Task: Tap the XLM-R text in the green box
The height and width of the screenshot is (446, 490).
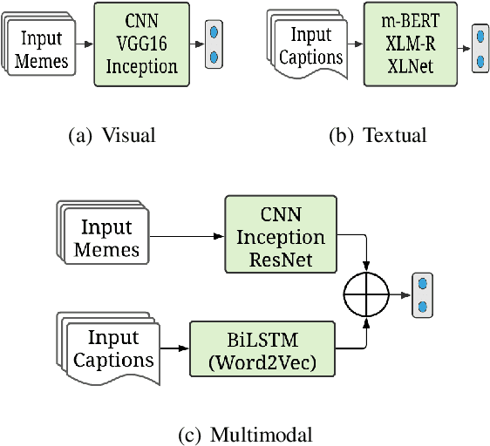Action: pyautogui.click(x=411, y=42)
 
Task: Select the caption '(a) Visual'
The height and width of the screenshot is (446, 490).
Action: pyautogui.click(x=113, y=135)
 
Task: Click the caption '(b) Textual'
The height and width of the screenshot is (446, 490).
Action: pyautogui.click(x=378, y=135)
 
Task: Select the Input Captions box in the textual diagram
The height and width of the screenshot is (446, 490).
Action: pyautogui.click(x=310, y=45)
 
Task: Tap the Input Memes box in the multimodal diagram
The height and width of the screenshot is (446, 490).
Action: pyautogui.click(x=105, y=237)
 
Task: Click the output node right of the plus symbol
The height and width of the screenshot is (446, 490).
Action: pyautogui.click(x=423, y=295)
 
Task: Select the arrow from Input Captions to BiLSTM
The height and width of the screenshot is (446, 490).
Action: pyautogui.click(x=175, y=348)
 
